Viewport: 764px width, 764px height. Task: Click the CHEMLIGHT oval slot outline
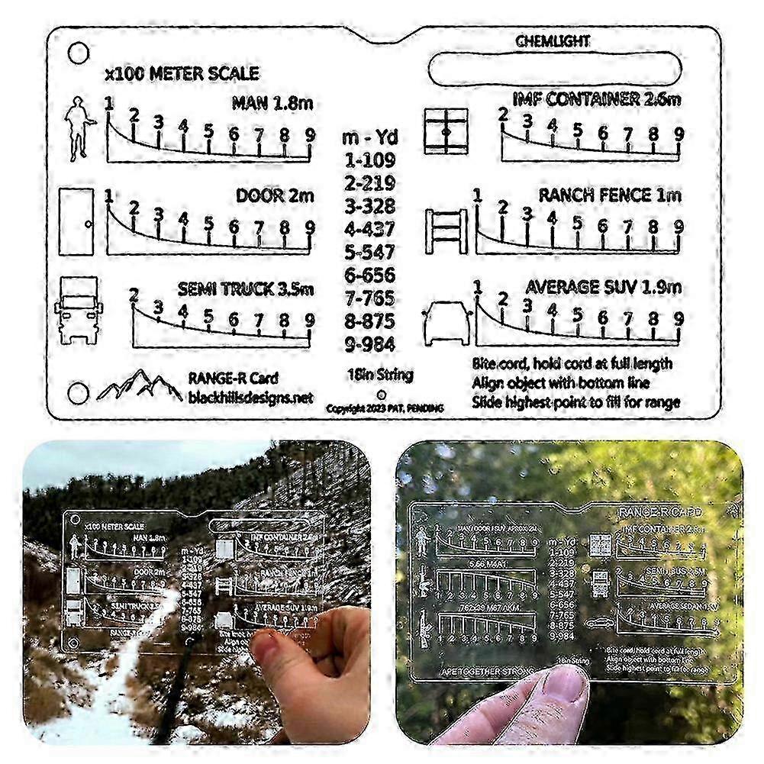pyautogui.click(x=553, y=69)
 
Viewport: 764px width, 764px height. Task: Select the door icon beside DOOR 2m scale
pyautogui.click(x=76, y=222)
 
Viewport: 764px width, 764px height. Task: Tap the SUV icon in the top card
pyautogui.click(x=445, y=321)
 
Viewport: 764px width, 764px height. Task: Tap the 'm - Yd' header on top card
pyautogui.click(x=369, y=138)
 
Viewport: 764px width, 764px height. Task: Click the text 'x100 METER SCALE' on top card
pyautogui.click(x=182, y=74)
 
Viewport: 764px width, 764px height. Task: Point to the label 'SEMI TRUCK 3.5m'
pyautogui.click(x=245, y=290)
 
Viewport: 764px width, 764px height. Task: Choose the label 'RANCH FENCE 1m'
pyautogui.click(x=609, y=195)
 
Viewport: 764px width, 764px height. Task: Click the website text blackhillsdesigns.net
pyautogui.click(x=250, y=398)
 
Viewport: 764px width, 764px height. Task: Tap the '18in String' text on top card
pyautogui.click(x=379, y=375)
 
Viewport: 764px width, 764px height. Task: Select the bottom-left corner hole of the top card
pyautogui.click(x=78, y=394)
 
